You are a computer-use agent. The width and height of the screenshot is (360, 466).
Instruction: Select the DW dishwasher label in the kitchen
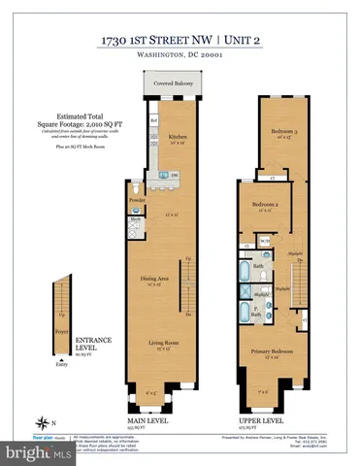click(175, 175)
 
